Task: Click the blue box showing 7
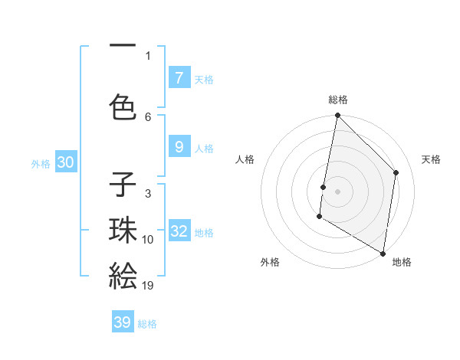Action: [179, 77]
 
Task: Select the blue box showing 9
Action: [179, 147]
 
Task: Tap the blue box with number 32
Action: [179, 231]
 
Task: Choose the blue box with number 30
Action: [65, 162]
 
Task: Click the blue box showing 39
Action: [123, 322]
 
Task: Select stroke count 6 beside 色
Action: [148, 116]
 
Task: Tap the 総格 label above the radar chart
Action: [337, 100]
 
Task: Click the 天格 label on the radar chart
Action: [431, 159]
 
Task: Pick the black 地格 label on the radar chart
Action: [402, 262]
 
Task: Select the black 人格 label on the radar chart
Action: [245, 159]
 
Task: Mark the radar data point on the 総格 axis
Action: [337, 116]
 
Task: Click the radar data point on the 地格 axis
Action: [383, 253]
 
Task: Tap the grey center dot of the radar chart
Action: [337, 191]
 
